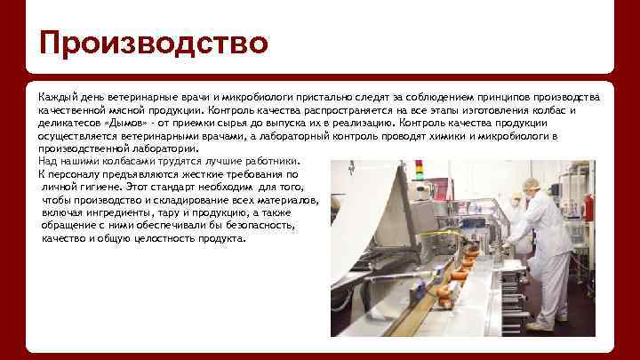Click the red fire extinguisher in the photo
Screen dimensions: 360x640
click(588, 207)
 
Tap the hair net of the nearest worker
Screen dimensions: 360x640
click(531, 184)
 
